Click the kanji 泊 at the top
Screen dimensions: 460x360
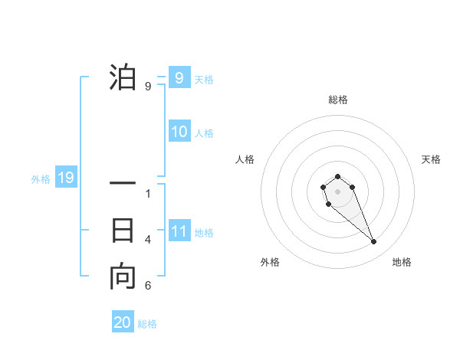[123, 78]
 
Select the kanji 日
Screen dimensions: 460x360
[123, 231]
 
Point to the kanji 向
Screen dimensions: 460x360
[123, 277]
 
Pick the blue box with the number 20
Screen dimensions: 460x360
[123, 322]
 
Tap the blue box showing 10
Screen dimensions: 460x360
[179, 132]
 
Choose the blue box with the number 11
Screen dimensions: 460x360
[179, 231]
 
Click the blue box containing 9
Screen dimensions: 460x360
[179, 78]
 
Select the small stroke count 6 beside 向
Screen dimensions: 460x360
[148, 286]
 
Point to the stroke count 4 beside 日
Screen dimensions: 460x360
[148, 240]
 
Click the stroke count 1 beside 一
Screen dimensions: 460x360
[148, 194]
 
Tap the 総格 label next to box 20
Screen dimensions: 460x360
[147, 324]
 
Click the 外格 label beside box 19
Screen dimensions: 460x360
[41, 179]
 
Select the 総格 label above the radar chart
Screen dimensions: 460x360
[338, 100]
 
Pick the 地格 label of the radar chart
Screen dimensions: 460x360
[402, 263]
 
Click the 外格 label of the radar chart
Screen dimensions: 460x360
[270, 263]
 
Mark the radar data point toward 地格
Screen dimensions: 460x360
[374, 242]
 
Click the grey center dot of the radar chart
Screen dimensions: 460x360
[337, 191]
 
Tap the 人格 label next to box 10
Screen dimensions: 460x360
[204, 133]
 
